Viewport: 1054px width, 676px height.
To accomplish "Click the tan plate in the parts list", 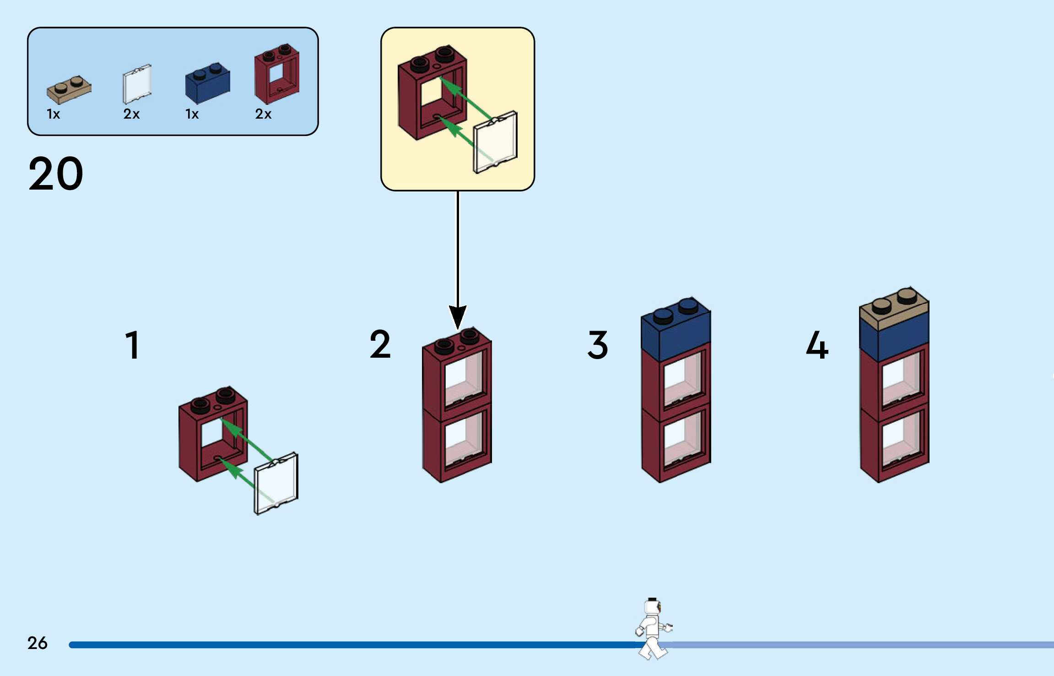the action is [x=69, y=90].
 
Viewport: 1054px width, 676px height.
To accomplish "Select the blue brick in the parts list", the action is [x=207, y=83].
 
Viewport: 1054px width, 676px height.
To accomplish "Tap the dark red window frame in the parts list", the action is [x=277, y=74].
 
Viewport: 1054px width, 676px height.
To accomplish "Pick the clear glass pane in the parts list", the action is [x=137, y=84].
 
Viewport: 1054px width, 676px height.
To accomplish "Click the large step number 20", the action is [x=56, y=174].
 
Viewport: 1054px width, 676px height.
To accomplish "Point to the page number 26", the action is [x=38, y=643].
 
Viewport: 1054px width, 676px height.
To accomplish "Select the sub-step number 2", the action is [x=380, y=344].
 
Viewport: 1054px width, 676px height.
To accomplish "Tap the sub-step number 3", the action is [x=598, y=344].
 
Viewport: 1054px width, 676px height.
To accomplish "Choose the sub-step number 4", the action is [x=817, y=344].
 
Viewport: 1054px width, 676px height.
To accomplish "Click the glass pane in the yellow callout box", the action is [x=495, y=142].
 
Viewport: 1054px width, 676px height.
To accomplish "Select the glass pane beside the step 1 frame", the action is [x=276, y=483].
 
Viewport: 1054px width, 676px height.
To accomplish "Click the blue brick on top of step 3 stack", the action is [x=676, y=329].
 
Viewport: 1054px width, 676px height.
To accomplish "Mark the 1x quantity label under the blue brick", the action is [x=192, y=114].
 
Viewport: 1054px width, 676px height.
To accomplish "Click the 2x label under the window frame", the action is [x=263, y=114].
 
